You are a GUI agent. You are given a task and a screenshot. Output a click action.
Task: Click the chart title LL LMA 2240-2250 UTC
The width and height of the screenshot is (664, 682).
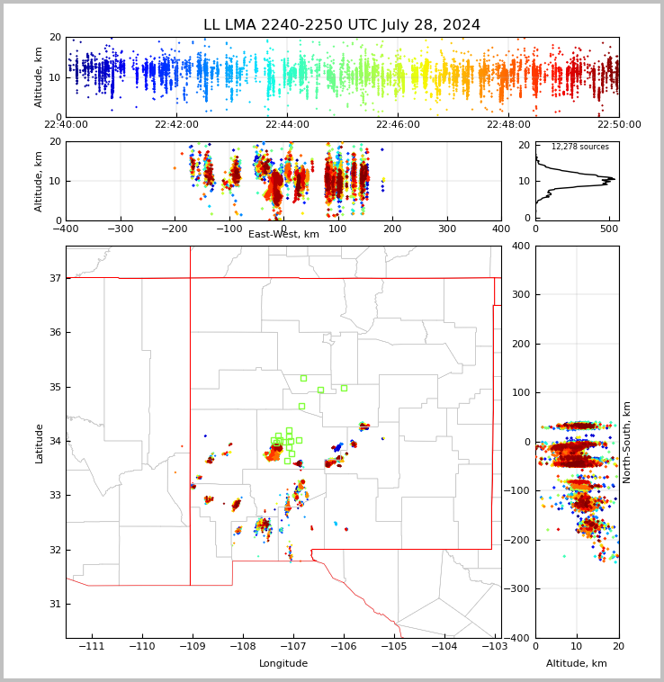tap(342, 25)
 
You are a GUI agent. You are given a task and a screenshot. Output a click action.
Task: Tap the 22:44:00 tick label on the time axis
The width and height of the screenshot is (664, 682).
tap(287, 125)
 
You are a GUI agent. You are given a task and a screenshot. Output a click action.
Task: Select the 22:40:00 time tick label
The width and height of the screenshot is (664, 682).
tap(66, 125)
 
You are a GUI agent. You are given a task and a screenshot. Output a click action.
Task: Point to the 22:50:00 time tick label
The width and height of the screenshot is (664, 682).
tap(619, 125)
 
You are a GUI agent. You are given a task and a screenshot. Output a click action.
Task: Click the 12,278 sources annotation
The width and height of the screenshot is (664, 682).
tap(579, 147)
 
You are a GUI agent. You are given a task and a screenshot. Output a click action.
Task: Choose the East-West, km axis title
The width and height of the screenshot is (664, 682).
tap(283, 235)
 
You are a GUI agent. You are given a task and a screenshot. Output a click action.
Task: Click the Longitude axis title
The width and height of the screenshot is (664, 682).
tap(283, 664)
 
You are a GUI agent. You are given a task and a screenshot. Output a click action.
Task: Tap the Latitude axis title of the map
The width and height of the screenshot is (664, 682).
tap(39, 443)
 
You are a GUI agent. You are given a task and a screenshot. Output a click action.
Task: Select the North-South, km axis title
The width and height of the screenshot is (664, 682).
tap(627, 442)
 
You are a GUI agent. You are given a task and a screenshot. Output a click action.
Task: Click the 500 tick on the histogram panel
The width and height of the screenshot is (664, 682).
tap(608, 229)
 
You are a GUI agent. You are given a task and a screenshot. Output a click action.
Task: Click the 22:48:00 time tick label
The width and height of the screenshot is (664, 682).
tap(508, 125)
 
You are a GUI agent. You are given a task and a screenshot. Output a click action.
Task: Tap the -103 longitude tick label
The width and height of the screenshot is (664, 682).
tap(493, 646)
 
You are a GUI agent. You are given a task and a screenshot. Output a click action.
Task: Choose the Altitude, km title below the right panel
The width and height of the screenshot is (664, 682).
tap(577, 664)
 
